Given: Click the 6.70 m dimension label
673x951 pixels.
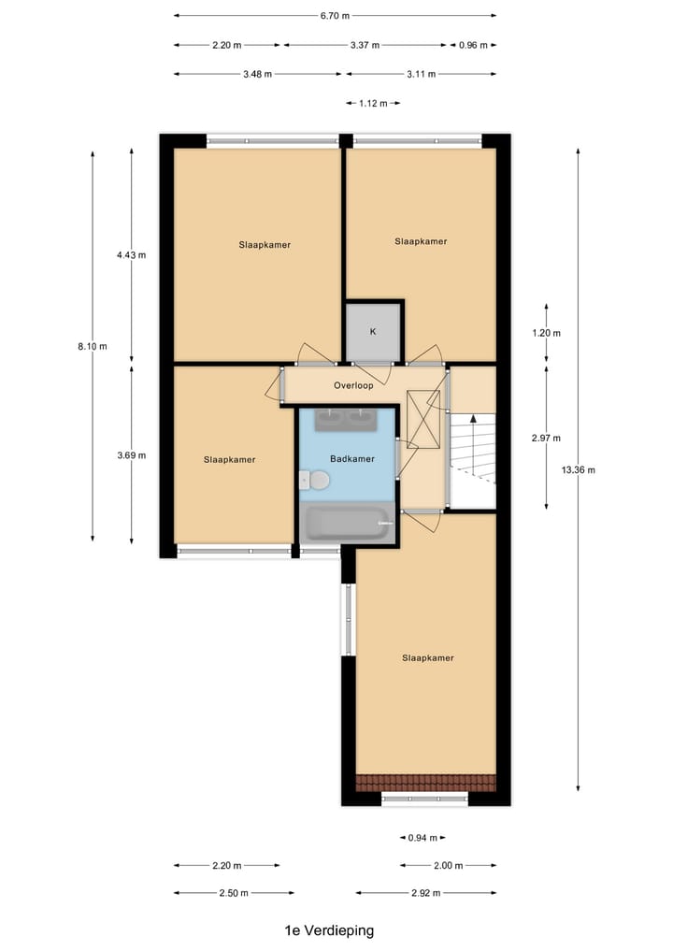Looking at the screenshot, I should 335,16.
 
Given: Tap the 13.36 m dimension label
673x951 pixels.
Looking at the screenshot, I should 578,470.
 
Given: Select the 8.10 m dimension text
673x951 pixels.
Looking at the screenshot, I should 93,346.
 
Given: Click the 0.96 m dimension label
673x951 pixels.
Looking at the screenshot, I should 473,44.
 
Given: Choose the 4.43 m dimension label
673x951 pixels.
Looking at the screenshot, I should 131,254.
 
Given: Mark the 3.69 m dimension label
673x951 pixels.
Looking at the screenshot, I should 131,455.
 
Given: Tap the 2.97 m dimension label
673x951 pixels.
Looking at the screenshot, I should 546,438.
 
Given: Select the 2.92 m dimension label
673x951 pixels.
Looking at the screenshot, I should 426,893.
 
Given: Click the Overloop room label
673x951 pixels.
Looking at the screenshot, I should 353,385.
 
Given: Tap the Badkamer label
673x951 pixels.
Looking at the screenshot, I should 352,459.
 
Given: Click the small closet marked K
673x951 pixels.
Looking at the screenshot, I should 373,331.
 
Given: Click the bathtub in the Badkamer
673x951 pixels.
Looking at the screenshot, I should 347,524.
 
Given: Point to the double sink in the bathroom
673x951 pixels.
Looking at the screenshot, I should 347,420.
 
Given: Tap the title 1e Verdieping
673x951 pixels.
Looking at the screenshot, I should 329,930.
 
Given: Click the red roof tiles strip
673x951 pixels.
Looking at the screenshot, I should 425,782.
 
